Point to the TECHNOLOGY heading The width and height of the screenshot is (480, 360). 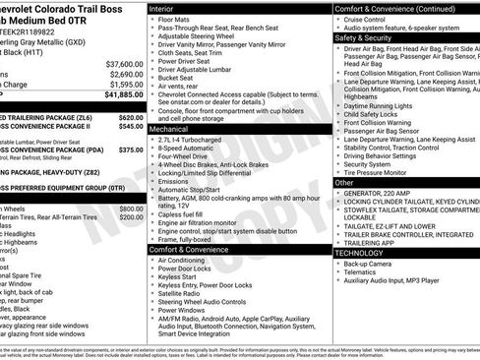[361, 253]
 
